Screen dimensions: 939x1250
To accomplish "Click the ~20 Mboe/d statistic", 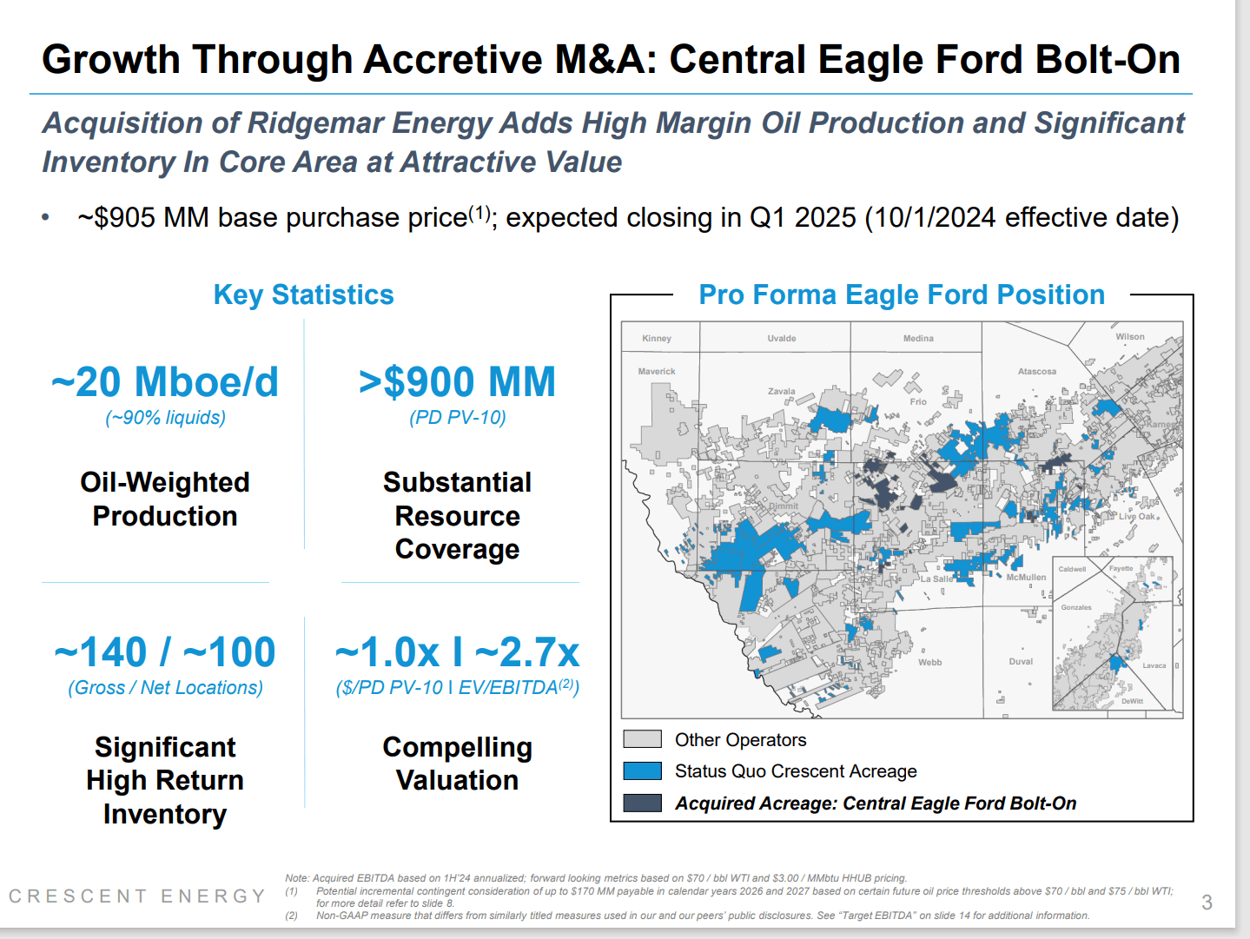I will click(165, 382).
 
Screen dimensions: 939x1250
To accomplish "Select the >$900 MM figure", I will click(457, 382).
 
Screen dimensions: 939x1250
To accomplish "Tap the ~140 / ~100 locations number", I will click(165, 652).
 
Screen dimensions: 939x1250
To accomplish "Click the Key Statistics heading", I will click(303, 295).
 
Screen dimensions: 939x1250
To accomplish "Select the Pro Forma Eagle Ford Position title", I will click(902, 295).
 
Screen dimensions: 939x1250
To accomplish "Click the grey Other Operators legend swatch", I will click(642, 739).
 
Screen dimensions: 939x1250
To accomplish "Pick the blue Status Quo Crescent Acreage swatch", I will click(642, 771).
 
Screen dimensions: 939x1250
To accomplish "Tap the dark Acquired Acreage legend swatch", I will click(642, 803).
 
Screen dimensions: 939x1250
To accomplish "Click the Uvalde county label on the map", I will click(782, 339).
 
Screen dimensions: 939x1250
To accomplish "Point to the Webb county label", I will click(929, 662).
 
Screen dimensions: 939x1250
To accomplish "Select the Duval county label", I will click(1021, 662).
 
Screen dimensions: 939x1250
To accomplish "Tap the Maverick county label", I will click(657, 372).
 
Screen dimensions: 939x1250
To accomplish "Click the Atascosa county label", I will click(1037, 372).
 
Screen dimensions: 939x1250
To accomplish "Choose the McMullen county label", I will click(1026, 578).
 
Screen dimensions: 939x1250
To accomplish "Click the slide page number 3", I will click(1207, 903).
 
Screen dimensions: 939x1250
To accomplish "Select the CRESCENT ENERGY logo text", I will click(137, 896).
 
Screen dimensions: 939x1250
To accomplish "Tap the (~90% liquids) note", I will click(165, 418).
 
